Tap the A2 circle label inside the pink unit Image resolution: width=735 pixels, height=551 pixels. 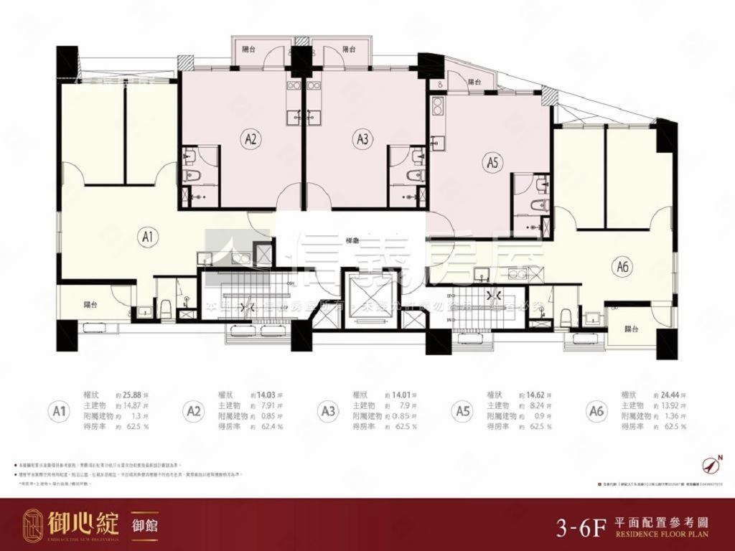[x=250, y=140]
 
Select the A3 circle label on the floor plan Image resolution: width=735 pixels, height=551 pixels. [x=361, y=140]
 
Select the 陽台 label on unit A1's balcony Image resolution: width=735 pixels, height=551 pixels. [x=90, y=303]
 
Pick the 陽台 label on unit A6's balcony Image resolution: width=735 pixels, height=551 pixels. [x=632, y=329]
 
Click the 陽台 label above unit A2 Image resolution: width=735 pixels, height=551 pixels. [x=250, y=50]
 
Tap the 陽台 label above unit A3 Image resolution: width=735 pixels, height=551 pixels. [x=349, y=50]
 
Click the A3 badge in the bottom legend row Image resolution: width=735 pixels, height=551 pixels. [x=329, y=411]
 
